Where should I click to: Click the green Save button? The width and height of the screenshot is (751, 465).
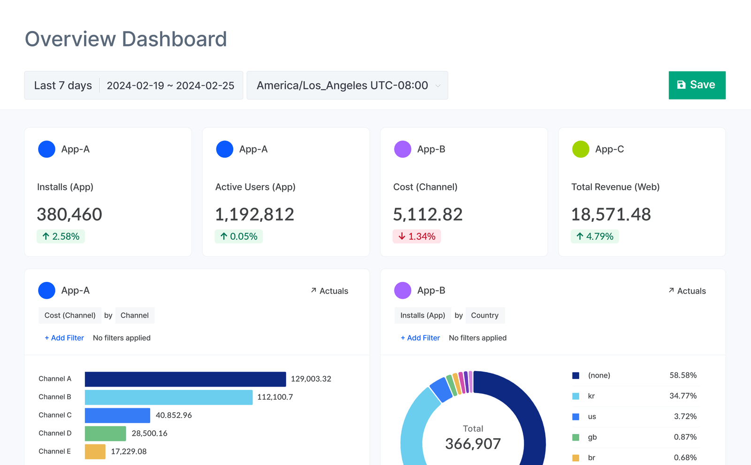coord(697,85)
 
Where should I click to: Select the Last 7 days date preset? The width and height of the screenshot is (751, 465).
coord(63,85)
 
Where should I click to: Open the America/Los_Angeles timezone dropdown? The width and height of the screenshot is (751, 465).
coord(347,85)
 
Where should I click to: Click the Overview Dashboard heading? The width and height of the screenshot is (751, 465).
coord(126,39)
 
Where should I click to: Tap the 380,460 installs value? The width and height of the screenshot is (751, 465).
coord(69,215)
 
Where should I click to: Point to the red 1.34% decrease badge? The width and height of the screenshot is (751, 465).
coord(417,236)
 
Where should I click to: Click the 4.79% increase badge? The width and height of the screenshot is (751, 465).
coord(595,236)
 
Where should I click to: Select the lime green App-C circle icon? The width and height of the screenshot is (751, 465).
coord(581,149)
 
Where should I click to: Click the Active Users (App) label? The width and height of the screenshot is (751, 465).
coord(255,187)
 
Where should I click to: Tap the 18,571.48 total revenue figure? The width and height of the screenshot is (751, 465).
coord(611,215)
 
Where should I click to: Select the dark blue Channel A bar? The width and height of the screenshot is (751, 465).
coord(185,379)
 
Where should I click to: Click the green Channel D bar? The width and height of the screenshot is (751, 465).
coord(105,434)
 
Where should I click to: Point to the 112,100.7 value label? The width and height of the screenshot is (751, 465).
coord(275,397)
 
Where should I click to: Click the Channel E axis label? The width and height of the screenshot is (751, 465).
coord(54,451)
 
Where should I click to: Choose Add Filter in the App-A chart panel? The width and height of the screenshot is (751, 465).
coord(64,338)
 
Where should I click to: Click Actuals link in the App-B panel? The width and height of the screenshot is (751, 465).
coord(687,291)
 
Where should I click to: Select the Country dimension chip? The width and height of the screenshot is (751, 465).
coord(484,316)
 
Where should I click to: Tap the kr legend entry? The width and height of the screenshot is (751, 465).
coord(591,396)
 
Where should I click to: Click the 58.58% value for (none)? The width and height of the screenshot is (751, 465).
coord(682,375)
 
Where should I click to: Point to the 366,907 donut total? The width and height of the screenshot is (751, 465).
coord(473,444)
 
